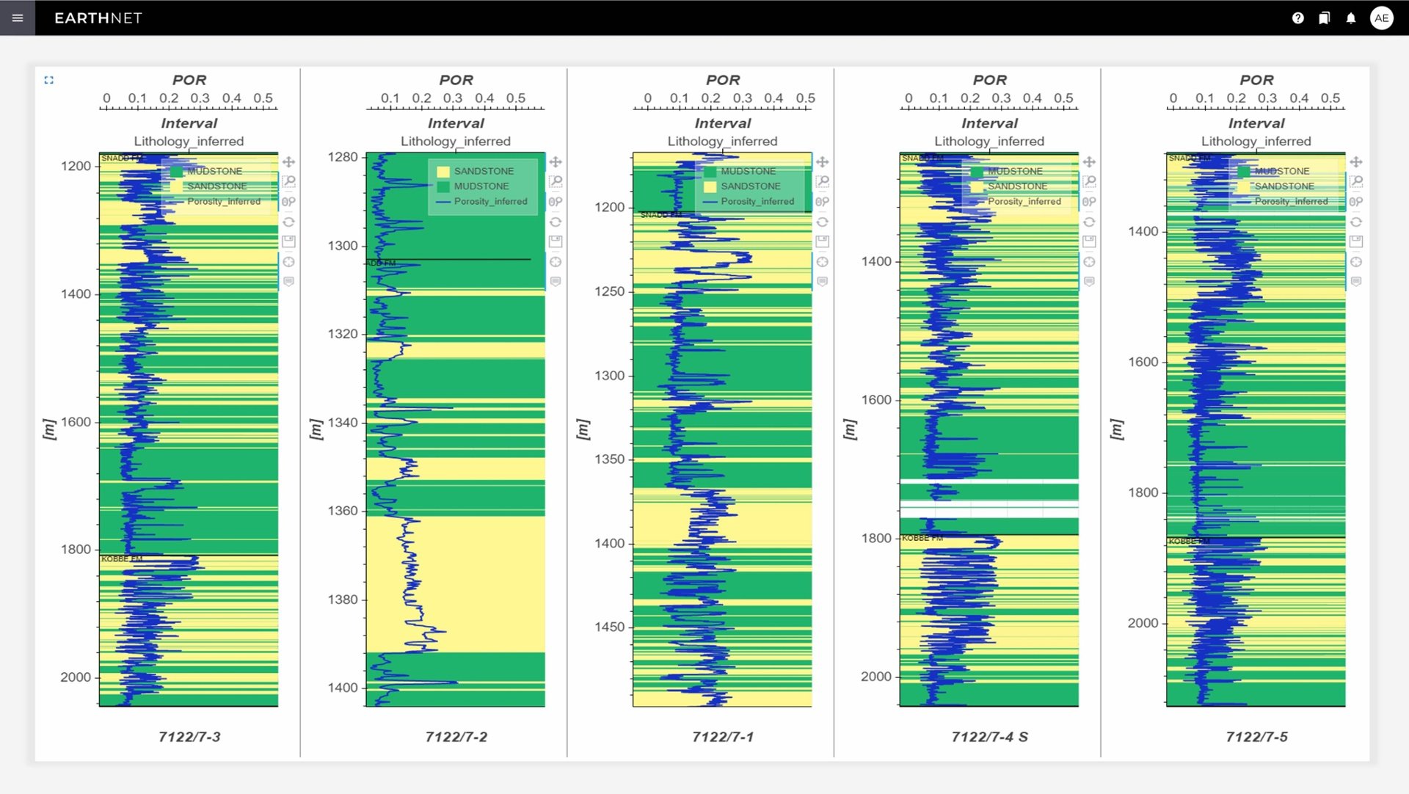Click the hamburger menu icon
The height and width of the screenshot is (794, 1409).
coord(18,18)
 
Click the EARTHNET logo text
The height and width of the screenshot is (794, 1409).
coord(98,18)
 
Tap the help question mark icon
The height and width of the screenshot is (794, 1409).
coord(1297,18)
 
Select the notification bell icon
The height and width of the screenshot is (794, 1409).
coord(1351,18)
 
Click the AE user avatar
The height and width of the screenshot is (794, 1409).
coord(1381,18)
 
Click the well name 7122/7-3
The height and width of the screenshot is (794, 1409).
coord(189,737)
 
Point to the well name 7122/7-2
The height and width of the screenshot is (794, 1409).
coord(456,737)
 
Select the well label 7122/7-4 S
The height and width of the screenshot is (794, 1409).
coord(989,737)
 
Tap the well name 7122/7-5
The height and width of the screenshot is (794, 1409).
coord(1256,737)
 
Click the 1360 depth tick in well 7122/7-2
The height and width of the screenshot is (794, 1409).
coord(343,511)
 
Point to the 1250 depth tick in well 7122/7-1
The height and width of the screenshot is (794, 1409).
coord(609,291)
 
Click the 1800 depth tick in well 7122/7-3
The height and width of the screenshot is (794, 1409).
coord(76,550)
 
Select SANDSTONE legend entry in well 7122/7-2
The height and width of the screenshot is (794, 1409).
coord(484,171)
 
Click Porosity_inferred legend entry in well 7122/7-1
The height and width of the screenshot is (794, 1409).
coord(757,201)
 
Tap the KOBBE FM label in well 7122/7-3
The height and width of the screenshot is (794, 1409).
coord(122,559)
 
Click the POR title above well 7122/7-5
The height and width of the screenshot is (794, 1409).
coord(1256,80)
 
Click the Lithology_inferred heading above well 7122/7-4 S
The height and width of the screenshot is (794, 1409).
coord(989,141)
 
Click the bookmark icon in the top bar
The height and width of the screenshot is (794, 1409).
coord(1324,18)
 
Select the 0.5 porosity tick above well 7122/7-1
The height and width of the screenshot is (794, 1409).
coord(805,98)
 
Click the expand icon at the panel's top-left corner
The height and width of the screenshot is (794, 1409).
coord(49,80)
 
